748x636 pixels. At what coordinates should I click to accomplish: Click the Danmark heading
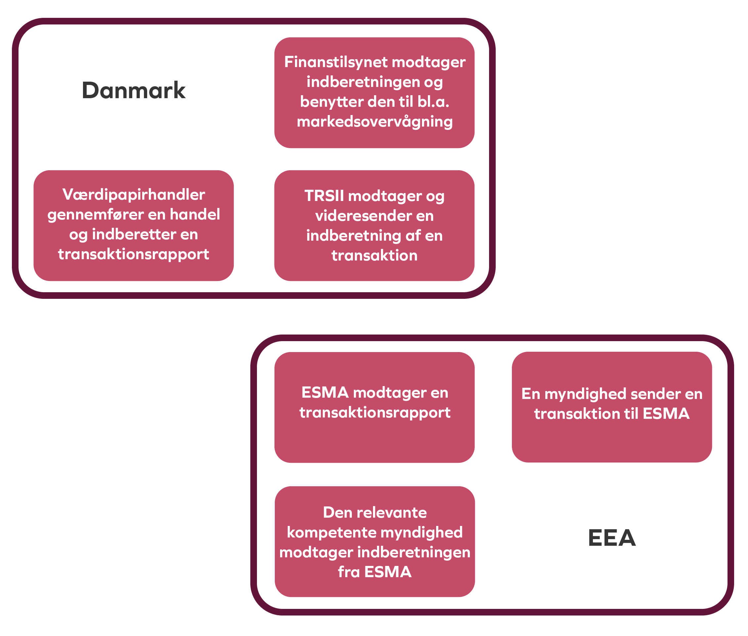click(x=134, y=90)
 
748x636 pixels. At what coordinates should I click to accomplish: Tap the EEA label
click(x=612, y=538)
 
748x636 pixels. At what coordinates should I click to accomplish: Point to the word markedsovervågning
click(x=374, y=122)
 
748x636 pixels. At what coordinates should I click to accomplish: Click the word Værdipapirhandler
click(x=134, y=195)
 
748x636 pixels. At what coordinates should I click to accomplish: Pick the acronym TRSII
click(x=324, y=196)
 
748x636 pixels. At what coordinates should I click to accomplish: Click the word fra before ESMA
click(x=349, y=572)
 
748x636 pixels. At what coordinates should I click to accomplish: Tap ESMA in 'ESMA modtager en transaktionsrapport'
click(x=325, y=393)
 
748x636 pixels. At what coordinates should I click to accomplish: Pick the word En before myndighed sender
click(x=530, y=394)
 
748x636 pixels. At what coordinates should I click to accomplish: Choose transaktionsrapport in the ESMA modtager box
click(x=374, y=413)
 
